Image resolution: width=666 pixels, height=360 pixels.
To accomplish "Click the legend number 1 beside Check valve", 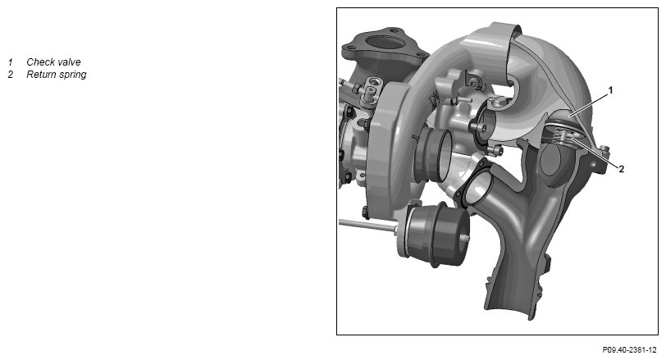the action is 11,62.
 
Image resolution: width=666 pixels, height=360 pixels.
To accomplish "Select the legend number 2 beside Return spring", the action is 11,75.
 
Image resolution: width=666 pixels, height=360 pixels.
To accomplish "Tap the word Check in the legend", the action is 41,62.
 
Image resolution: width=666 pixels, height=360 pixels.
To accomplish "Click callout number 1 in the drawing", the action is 611,90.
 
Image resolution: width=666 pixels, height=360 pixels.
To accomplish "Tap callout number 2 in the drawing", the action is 622,169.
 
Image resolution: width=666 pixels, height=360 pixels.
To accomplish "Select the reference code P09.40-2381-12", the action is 629,350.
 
